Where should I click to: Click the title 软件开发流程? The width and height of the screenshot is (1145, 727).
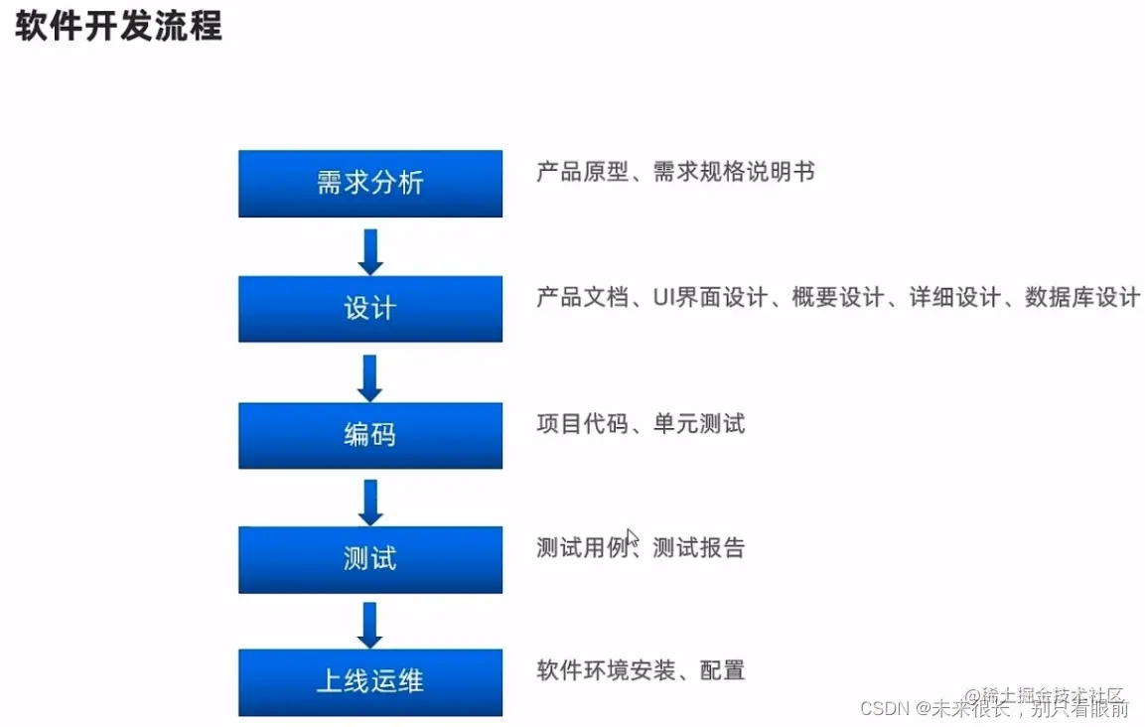coord(118,26)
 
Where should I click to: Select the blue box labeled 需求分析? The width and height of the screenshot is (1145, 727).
coord(369,184)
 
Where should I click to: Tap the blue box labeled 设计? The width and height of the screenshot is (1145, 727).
coord(369,309)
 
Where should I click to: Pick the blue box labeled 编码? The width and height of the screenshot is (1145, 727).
coord(369,435)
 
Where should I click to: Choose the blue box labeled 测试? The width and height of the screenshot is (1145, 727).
coord(369,559)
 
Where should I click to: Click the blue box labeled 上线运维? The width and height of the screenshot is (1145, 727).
coord(369,682)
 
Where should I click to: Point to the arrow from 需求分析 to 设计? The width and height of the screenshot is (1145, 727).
coord(370,250)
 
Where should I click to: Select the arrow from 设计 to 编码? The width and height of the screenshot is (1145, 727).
coord(370,376)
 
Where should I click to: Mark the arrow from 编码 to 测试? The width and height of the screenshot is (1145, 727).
coord(370,501)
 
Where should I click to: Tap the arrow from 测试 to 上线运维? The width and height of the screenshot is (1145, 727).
coord(370,625)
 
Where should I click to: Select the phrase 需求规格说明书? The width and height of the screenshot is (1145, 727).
coord(734,172)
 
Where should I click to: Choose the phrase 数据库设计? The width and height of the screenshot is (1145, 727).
coord(1081,297)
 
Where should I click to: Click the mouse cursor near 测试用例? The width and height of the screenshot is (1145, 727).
coord(632,537)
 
